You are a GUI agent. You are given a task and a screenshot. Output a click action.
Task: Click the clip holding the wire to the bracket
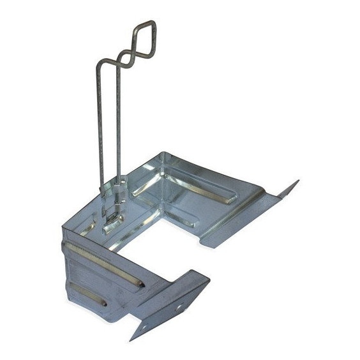click(x=114, y=214)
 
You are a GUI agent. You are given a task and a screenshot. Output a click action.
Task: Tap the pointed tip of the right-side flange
click(x=297, y=181)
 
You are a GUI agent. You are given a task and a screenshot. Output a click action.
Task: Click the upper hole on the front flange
click(x=179, y=306)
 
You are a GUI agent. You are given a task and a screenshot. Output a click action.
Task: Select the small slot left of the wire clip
click(x=89, y=224)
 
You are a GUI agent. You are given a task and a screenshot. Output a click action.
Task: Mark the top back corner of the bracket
click(x=163, y=153)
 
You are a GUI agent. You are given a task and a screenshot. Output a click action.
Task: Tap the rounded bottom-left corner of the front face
click(x=71, y=300)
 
